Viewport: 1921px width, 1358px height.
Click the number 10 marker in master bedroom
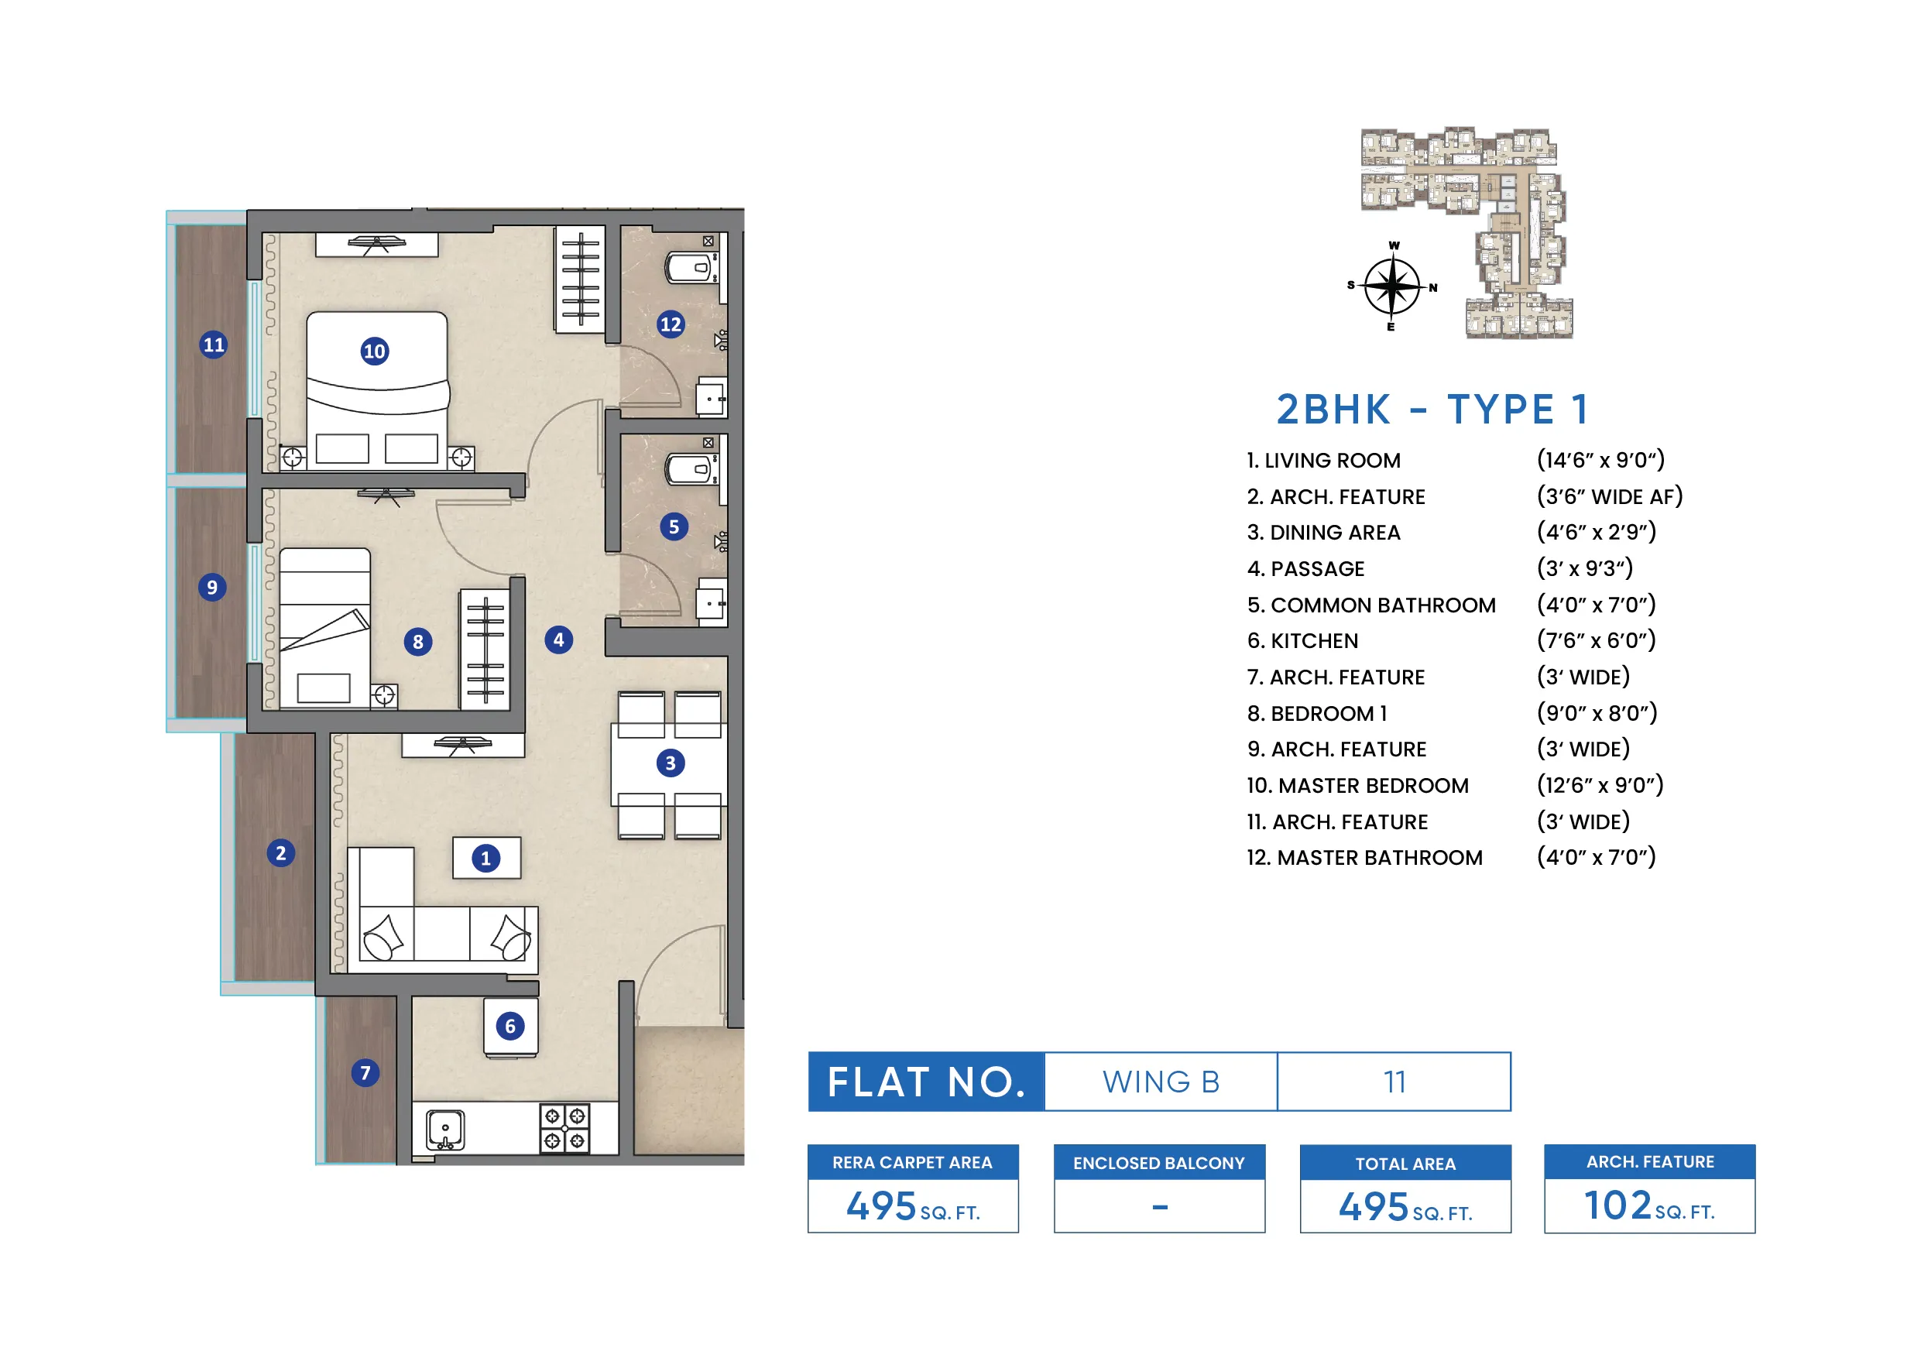[374, 352]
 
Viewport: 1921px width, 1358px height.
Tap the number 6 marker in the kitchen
[509, 1027]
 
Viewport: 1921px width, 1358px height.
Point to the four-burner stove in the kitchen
[564, 1128]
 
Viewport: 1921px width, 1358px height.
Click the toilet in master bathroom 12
[689, 268]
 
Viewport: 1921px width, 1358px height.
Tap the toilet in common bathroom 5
[689, 469]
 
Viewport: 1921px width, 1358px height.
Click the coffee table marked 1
[486, 859]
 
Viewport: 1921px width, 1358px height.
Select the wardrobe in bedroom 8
[485, 650]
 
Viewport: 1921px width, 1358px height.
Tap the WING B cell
[1161, 1082]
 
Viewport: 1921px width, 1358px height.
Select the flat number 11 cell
[1394, 1082]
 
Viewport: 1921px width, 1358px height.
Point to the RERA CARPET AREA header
[912, 1162]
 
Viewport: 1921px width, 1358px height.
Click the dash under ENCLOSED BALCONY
[1160, 1206]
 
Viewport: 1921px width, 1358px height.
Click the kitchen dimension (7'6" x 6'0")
[1596, 641]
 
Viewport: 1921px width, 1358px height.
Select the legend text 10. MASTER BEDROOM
[1357, 786]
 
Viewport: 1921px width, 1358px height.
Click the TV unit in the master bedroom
[376, 245]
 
